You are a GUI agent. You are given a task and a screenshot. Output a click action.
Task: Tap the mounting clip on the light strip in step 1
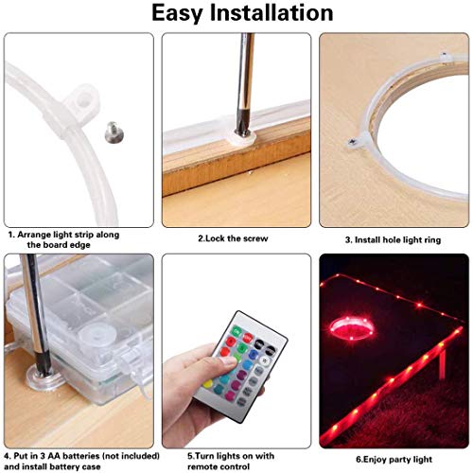[83, 98]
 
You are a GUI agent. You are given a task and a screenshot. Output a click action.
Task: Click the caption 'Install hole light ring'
[394, 238]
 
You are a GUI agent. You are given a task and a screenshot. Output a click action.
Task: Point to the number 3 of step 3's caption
[347, 238]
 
